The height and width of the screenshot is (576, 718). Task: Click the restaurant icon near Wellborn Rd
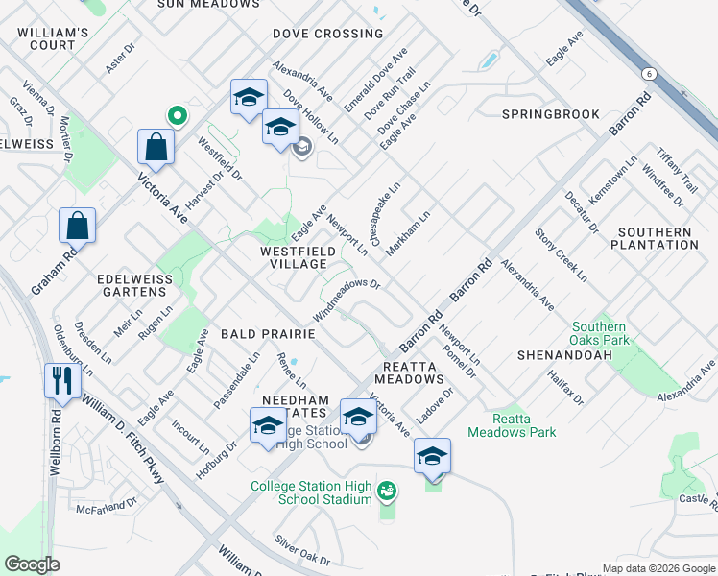coord(60,379)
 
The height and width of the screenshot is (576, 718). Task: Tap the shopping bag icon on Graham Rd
coord(78,227)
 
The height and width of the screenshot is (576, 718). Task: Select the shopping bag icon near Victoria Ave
coord(156,148)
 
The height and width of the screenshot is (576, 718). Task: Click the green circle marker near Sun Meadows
coord(177,115)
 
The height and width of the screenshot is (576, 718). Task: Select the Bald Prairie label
coord(268,334)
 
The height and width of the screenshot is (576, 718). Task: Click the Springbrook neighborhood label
coord(550,113)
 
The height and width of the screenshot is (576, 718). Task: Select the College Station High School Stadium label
coord(311,492)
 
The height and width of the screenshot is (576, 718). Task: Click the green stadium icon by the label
coord(388,492)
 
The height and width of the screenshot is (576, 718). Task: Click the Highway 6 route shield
coord(649,73)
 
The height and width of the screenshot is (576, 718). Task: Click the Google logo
coord(33,564)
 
